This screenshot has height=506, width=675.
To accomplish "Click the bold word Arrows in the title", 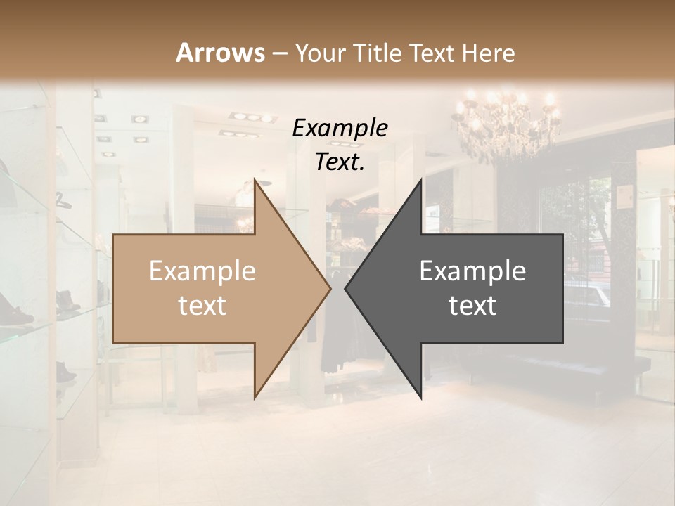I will [x=220, y=53].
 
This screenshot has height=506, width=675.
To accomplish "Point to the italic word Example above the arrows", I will [x=340, y=128].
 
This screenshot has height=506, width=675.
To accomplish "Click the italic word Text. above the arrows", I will [x=340, y=162].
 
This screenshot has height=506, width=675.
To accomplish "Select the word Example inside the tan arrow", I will [x=202, y=271].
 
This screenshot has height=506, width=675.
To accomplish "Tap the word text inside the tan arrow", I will [x=202, y=306].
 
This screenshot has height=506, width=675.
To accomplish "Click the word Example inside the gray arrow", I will [x=472, y=271].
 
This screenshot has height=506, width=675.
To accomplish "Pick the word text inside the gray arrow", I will [x=472, y=306].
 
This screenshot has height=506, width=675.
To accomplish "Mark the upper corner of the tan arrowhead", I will [x=255, y=182].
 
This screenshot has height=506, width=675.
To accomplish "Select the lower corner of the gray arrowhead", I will [x=420, y=396].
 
